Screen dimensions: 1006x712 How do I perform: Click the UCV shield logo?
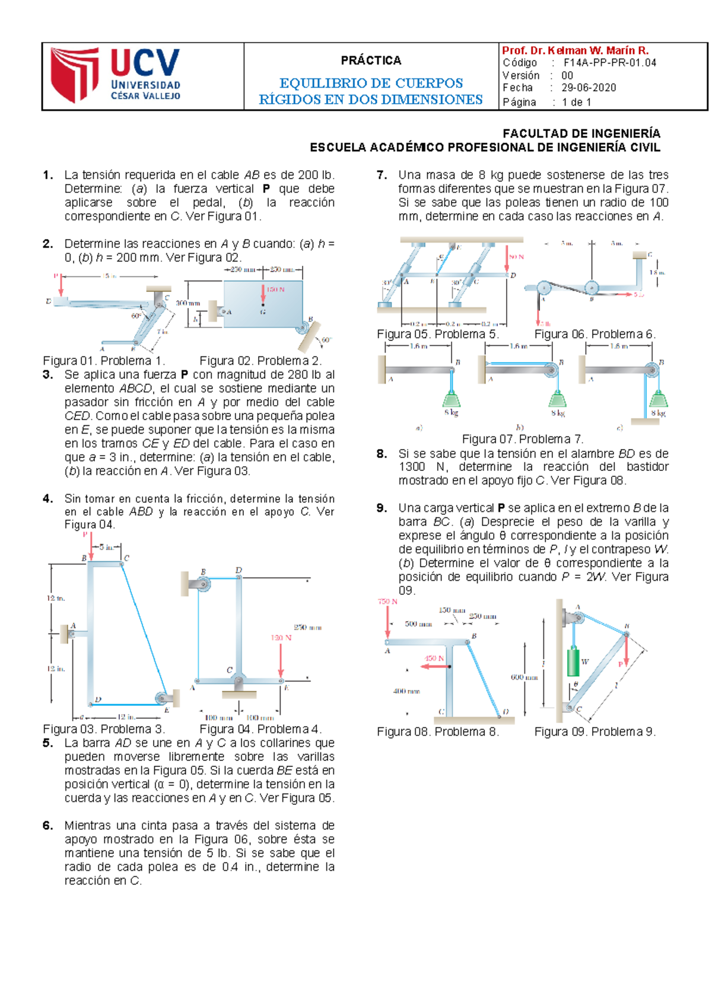click(74, 75)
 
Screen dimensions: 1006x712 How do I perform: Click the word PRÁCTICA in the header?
click(371, 61)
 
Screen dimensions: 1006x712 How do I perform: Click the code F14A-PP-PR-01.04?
click(609, 63)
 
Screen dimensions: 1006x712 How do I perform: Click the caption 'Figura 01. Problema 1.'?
click(104, 361)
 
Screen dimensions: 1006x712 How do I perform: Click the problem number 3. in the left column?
click(48, 375)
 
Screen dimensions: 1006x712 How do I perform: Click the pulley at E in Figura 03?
click(161, 698)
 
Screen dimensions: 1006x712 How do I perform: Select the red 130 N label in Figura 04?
click(281, 638)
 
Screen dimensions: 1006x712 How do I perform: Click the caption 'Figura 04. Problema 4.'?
click(260, 729)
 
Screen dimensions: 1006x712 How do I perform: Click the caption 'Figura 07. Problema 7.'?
click(522, 439)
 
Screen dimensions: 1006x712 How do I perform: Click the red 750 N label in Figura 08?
click(387, 601)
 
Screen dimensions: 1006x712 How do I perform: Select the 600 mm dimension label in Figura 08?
click(524, 677)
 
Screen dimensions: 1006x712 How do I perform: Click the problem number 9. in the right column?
click(382, 508)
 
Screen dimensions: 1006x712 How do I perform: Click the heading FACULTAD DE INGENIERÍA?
click(581, 133)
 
